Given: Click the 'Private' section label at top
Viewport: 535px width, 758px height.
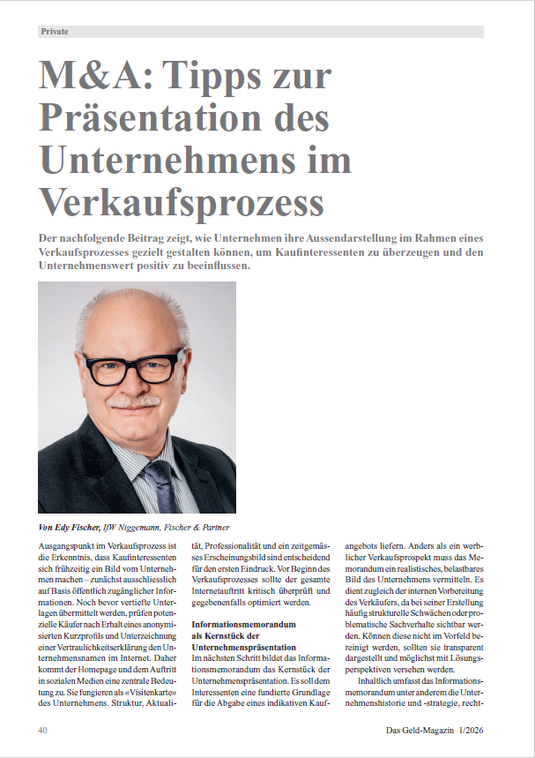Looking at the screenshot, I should click(55, 32).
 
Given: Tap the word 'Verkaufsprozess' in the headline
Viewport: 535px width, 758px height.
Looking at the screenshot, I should click(181, 202).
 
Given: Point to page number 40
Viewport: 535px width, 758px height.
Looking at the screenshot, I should click(43, 731).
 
